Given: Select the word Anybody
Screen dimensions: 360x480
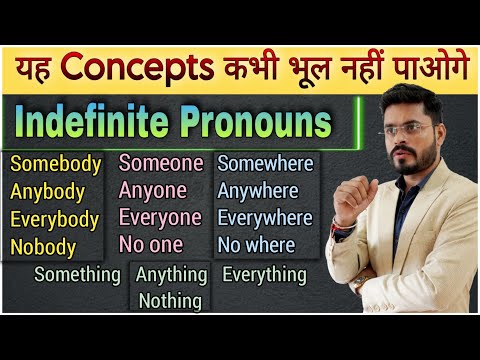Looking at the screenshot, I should (x=48, y=192).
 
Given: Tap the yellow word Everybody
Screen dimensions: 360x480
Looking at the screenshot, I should (x=54, y=219).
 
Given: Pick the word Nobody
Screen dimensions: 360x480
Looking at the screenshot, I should (x=44, y=246).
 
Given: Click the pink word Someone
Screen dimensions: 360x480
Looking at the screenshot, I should (x=161, y=163).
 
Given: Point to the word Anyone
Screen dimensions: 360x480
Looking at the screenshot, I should (x=154, y=190).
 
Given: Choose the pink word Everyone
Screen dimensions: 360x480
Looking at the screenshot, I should (x=161, y=217).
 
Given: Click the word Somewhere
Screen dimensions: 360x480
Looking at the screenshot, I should (x=265, y=163).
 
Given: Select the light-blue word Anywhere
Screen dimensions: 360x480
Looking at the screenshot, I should (x=258, y=190).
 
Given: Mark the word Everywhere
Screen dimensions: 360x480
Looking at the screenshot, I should (x=265, y=217).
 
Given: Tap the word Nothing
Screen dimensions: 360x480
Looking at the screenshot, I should (x=171, y=300).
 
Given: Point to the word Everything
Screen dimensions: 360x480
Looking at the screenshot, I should (x=265, y=274).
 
